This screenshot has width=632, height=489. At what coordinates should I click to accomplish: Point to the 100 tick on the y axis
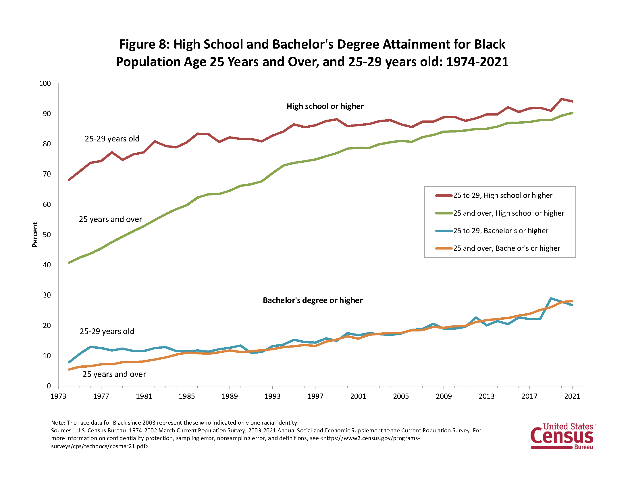pyautogui.click(x=45, y=84)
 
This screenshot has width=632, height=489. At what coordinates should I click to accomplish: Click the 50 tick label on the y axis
pyautogui.click(x=47, y=235)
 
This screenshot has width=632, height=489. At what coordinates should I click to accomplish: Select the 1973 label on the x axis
pyautogui.click(x=58, y=396)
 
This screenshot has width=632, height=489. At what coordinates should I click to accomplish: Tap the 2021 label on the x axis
pyautogui.click(x=572, y=396)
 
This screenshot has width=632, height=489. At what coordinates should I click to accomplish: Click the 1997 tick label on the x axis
pyautogui.click(x=315, y=396)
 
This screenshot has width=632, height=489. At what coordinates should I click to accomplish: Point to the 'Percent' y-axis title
pyautogui.click(x=35, y=235)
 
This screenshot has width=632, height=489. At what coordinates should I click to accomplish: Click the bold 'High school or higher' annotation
pyautogui.click(x=325, y=106)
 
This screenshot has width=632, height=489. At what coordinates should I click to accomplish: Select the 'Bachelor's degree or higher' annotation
pyautogui.click(x=313, y=300)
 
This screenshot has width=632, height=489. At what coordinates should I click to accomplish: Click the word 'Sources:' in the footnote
pyautogui.click(x=62, y=430)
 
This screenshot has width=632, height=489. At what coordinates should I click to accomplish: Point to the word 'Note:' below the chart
pyautogui.click(x=58, y=422)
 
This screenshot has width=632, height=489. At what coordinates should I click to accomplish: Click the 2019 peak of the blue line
pyautogui.click(x=551, y=298)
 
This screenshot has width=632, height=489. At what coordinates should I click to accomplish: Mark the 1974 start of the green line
pyautogui.click(x=69, y=262)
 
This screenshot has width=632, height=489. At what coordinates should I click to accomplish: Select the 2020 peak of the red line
pyautogui.click(x=562, y=99)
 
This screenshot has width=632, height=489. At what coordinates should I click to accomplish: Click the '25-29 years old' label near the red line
pyautogui.click(x=112, y=139)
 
